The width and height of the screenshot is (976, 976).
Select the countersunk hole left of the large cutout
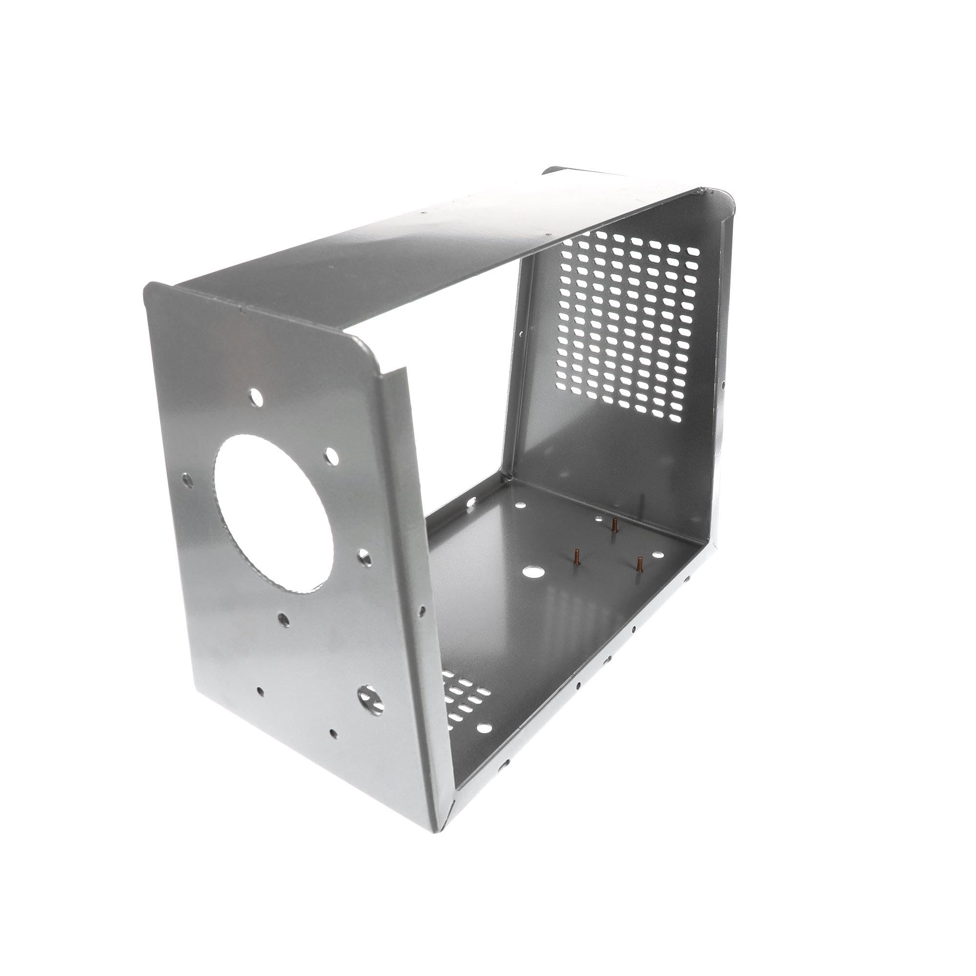[x=188, y=477]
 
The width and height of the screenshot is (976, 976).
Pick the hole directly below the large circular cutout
[x=284, y=619]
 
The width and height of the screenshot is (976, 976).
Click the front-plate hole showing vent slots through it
[x=370, y=699]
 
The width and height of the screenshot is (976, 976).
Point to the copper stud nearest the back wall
[x=614, y=526]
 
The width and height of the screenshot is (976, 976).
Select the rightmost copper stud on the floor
[x=640, y=564]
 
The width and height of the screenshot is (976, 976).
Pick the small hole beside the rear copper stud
[x=599, y=519]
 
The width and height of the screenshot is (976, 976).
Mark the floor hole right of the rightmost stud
[x=658, y=555]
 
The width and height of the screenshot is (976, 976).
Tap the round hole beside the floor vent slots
[x=484, y=728]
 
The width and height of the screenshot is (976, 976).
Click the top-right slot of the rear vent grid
[x=693, y=250]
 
